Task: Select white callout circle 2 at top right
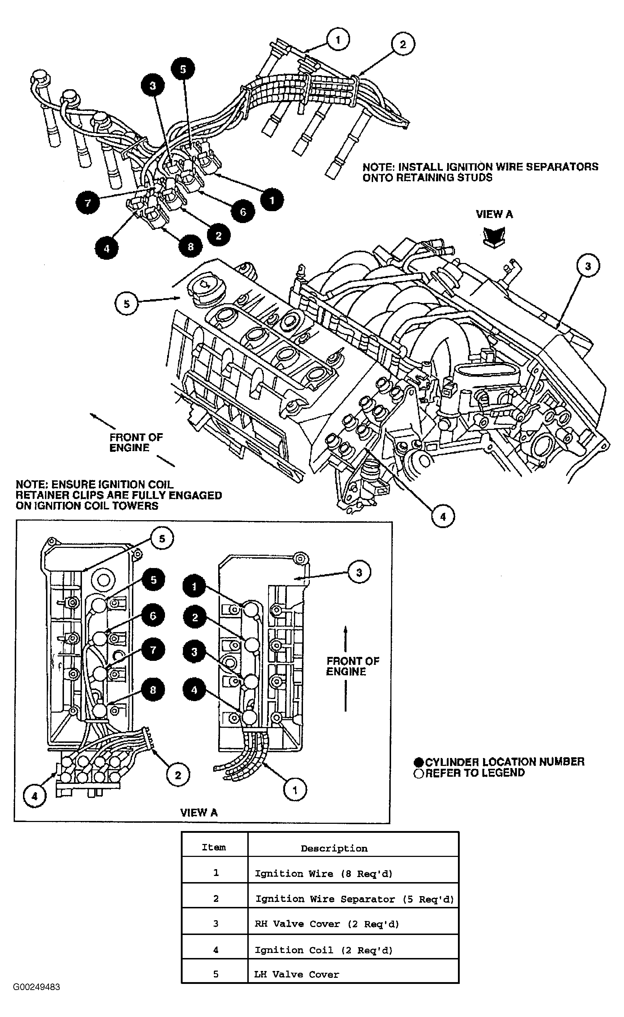point(402,44)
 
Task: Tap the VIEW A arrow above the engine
point(494,237)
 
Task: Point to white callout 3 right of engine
point(588,266)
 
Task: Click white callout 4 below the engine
point(443,517)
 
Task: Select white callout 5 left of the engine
point(126,304)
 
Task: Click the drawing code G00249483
point(36,987)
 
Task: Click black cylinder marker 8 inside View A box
point(153,690)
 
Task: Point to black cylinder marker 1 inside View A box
point(194,586)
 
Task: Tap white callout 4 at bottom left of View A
point(35,796)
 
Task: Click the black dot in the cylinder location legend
point(419,762)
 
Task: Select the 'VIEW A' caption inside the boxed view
point(198,812)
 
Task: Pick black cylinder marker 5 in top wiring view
point(183,69)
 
